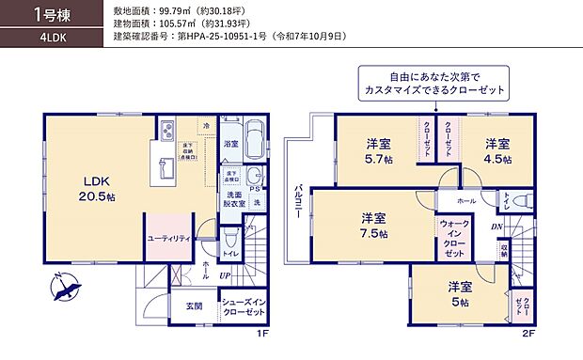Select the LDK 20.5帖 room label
coord(98,189)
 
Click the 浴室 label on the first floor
coord(231,144)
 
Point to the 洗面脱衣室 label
coord(235,196)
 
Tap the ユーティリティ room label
coord(169,239)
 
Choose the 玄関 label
coord(192,305)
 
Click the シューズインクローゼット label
coord(243,307)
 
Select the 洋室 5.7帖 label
coord(379,151)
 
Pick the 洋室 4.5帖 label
coord(497,151)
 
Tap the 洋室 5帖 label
coord(459,293)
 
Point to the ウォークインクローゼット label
coord(454,240)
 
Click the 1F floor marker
coord(263,334)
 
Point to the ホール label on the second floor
coord(466,201)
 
